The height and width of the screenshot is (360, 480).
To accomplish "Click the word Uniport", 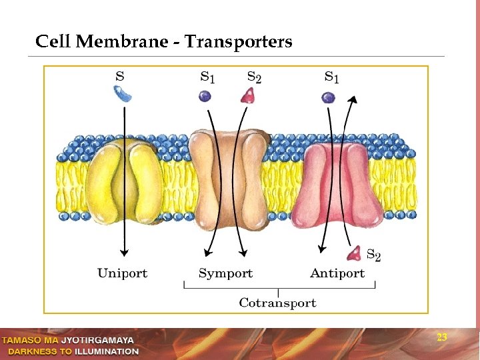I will pos(122,273).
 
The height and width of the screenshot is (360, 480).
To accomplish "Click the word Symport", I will pos(225,273).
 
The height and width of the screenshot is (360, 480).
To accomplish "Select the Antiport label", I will pos(337,273).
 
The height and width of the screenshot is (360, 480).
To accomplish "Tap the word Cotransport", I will pos(277,303).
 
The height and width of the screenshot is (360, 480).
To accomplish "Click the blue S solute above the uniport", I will pos(122,95).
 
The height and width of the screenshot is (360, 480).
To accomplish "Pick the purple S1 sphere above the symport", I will pos(205,97).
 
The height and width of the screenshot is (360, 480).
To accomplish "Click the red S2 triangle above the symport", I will pos(248,96).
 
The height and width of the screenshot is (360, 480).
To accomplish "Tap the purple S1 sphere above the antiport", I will pos(328,98).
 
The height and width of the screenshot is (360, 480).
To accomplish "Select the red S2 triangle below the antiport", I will pos(353,253).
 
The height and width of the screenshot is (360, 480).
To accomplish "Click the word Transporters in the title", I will pos(238,42).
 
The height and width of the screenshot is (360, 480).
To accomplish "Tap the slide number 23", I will pos(441,337).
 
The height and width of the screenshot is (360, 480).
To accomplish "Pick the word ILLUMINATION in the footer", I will pos(107,351).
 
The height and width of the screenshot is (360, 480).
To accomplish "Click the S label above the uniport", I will pos(120,75).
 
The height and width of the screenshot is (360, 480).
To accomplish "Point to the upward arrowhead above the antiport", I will pos(353,99).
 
